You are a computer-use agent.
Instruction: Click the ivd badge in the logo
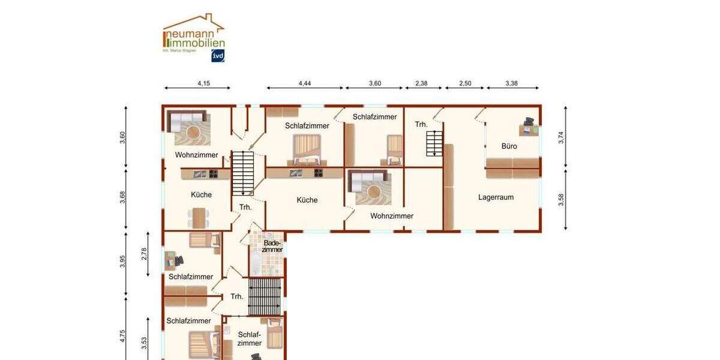(218, 56)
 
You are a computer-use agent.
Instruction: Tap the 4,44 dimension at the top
(305, 83)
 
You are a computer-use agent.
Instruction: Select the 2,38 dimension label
(422, 83)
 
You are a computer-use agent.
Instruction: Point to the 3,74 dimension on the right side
(561, 137)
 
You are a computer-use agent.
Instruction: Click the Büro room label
(509, 146)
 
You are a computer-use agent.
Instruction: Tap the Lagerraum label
(496, 197)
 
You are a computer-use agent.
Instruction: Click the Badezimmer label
(272, 246)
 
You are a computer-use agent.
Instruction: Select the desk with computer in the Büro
(529, 127)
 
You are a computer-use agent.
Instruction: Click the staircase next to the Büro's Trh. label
(434, 143)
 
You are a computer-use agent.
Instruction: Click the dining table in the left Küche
(199, 217)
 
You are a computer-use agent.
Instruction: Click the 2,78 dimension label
(144, 253)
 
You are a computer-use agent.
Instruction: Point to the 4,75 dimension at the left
(123, 336)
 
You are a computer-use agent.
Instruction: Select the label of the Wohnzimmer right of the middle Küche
(392, 216)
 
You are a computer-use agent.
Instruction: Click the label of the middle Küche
(307, 200)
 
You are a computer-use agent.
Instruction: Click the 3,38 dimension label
(511, 83)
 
